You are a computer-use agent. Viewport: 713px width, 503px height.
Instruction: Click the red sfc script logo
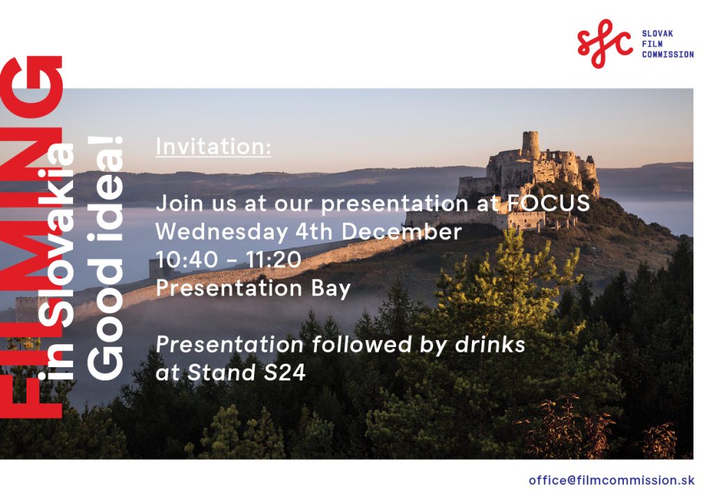[x=604, y=43]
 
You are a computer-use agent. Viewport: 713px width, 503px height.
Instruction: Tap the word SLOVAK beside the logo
[x=657, y=33]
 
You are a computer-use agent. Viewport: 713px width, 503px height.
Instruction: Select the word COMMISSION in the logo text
[x=668, y=54]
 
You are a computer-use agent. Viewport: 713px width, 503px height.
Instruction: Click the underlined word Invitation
[x=213, y=146]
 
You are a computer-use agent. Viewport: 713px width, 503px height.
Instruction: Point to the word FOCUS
[x=549, y=203]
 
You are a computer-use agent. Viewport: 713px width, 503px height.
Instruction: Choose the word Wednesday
[x=222, y=231]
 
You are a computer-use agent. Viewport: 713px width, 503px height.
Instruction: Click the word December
[x=402, y=231]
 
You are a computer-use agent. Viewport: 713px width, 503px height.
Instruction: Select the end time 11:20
[x=273, y=260]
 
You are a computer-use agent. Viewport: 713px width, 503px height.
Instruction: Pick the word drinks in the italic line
[x=490, y=344]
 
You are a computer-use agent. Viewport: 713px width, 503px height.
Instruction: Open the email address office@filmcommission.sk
[x=611, y=480]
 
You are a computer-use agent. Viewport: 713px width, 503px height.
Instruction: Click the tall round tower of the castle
[x=530, y=146]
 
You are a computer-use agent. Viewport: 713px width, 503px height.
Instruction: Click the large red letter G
[x=31, y=87]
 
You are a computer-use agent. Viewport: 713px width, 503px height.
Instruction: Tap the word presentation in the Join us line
[x=395, y=203]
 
